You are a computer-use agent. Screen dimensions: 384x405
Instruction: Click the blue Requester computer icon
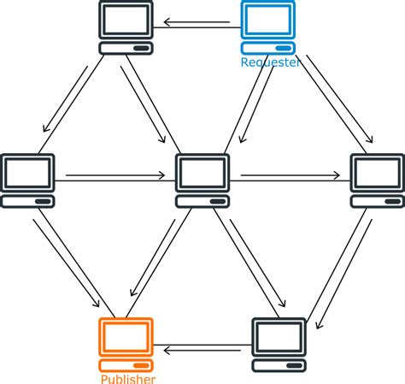[x=267, y=27]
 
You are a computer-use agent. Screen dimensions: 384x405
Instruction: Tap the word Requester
[x=270, y=62]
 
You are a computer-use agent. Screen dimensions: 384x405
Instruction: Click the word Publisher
[x=128, y=379]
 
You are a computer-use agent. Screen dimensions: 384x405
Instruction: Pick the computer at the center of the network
[x=203, y=180]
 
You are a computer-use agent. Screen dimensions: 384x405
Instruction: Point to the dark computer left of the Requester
[x=126, y=27]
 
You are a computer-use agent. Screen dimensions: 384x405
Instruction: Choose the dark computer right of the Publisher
[x=279, y=344]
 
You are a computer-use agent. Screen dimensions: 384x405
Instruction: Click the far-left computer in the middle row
[x=28, y=180]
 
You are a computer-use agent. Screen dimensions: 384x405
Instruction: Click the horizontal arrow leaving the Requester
[x=197, y=24]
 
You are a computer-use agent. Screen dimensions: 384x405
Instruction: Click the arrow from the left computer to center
[x=115, y=177]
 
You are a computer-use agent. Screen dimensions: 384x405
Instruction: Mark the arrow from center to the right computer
[x=290, y=177]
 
